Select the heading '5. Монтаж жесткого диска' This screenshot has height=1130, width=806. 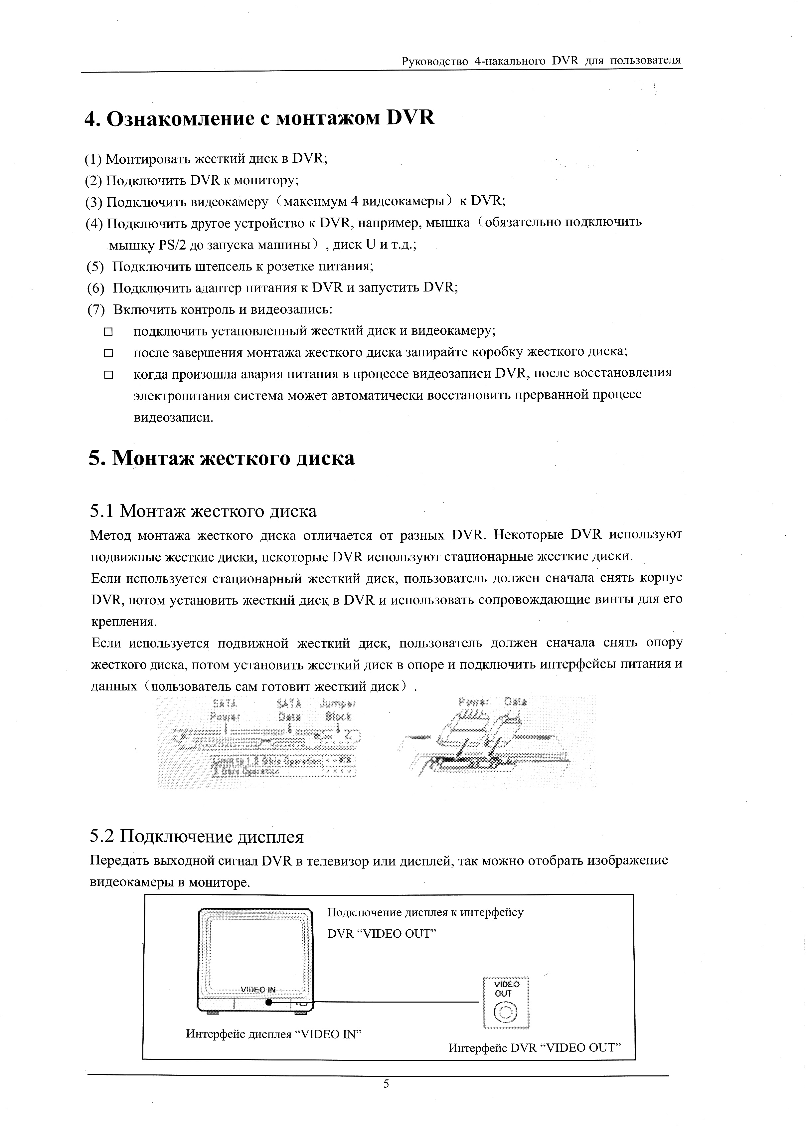tap(222, 458)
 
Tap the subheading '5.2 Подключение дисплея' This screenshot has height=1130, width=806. tap(197, 837)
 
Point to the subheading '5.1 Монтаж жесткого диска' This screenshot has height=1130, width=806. tap(204, 511)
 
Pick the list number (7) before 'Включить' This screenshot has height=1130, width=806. tap(96, 310)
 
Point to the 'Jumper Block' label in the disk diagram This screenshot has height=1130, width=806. tap(338, 710)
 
